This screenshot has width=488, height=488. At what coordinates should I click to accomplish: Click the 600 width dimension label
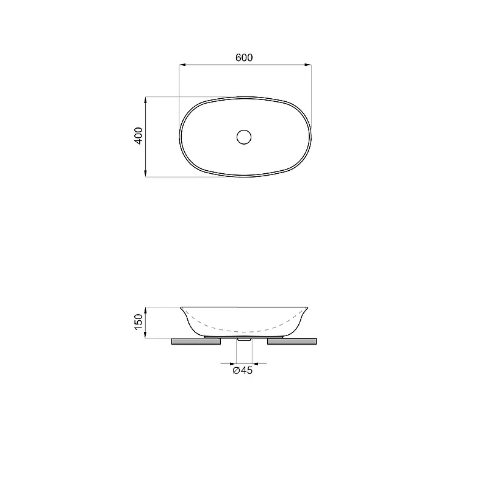[244, 57]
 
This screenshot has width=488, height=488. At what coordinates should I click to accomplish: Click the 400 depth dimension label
[138, 135]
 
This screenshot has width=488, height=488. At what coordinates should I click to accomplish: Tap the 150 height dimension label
[138, 322]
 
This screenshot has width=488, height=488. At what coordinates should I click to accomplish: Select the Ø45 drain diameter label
[242, 370]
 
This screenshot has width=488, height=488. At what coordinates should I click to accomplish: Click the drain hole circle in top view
[243, 137]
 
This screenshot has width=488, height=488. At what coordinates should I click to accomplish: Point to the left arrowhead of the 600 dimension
[182, 65]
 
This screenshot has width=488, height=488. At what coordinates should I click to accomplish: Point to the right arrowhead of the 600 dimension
[308, 65]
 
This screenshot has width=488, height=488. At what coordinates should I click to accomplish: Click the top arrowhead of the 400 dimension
[145, 100]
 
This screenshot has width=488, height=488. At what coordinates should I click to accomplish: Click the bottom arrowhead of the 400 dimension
[145, 173]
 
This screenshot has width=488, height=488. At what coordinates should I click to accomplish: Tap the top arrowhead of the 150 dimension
[145, 310]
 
